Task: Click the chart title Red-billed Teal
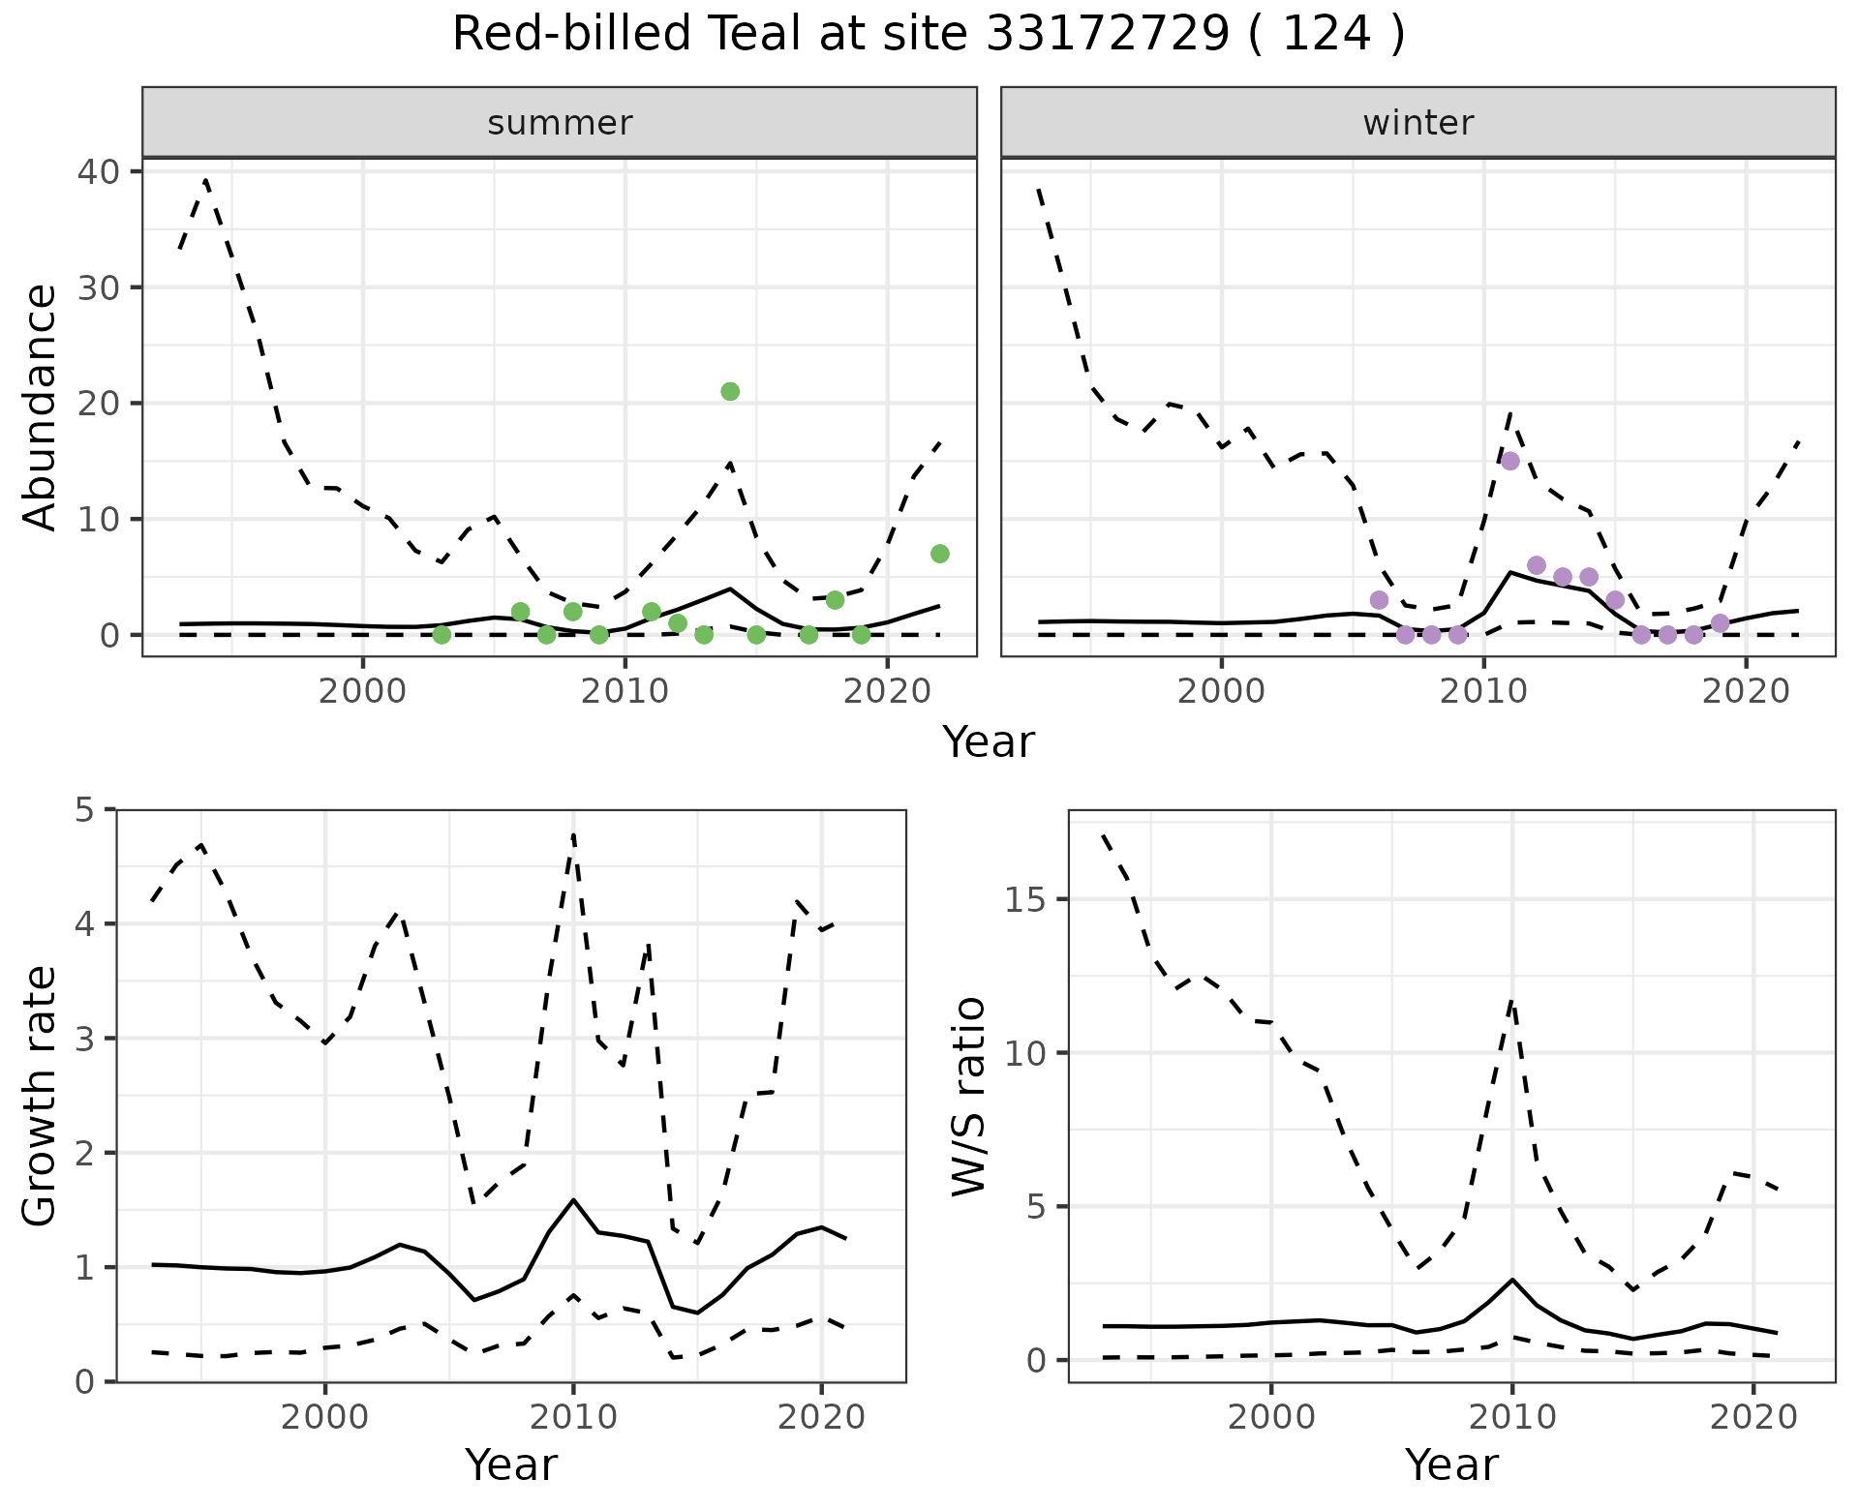928,35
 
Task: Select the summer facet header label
560,123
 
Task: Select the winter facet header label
1417,123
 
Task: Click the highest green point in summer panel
730,391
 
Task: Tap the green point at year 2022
939,554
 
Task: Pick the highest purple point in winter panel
1510,461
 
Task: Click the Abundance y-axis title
41,407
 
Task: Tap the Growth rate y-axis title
41,1096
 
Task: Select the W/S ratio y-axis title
968,1096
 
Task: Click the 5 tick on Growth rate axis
93,809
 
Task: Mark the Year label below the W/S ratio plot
1451,1465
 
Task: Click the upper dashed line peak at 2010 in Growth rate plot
573,834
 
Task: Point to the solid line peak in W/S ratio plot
1511,1280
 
